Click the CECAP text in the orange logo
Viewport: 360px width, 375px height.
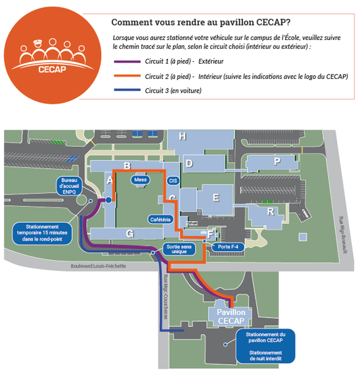52,69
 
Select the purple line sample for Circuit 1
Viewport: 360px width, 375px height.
127,61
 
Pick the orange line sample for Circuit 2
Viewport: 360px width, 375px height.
127,76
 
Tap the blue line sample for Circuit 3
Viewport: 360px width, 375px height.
127,90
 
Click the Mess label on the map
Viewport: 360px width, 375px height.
141,179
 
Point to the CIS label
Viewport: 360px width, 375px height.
173,181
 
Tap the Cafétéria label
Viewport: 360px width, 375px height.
161,219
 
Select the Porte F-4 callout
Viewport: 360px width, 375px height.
228,247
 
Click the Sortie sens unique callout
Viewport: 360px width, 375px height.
179,249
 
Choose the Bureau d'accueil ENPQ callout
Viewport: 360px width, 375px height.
69,186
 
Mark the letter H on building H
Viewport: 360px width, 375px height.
182,136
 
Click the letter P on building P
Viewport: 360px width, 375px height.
277,162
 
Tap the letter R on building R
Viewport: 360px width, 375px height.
271,212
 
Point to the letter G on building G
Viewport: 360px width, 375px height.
130,234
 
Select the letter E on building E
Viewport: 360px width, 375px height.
216,197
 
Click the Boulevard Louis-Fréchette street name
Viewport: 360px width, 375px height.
98,266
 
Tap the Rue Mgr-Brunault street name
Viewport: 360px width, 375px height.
343,235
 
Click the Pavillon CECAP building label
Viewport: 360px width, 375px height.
231,316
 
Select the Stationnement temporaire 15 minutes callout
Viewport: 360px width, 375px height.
42,233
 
